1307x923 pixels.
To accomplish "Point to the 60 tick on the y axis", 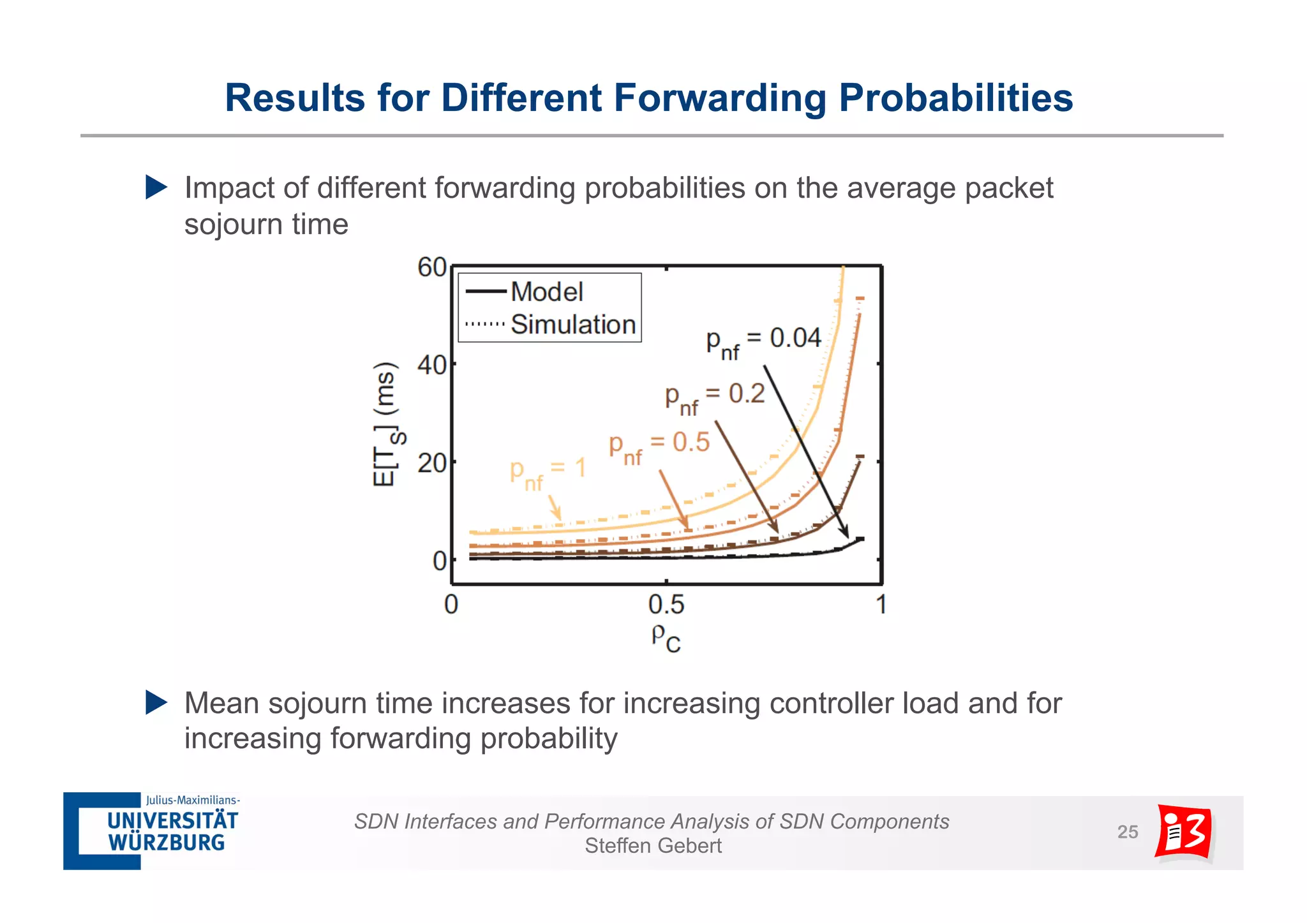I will [431, 267].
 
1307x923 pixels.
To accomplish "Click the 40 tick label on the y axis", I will [431, 366].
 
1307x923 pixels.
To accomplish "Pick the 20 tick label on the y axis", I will [431, 463].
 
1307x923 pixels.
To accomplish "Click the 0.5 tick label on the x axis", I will [666, 604].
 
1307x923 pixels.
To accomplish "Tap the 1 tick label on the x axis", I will [881, 604].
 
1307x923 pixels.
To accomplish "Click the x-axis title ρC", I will [666, 637].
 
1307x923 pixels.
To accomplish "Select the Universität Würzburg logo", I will [152, 831].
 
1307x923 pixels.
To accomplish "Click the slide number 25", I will [1127, 832].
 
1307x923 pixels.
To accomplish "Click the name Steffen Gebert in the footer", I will [653, 846].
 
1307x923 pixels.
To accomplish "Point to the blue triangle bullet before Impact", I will [156, 188].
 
